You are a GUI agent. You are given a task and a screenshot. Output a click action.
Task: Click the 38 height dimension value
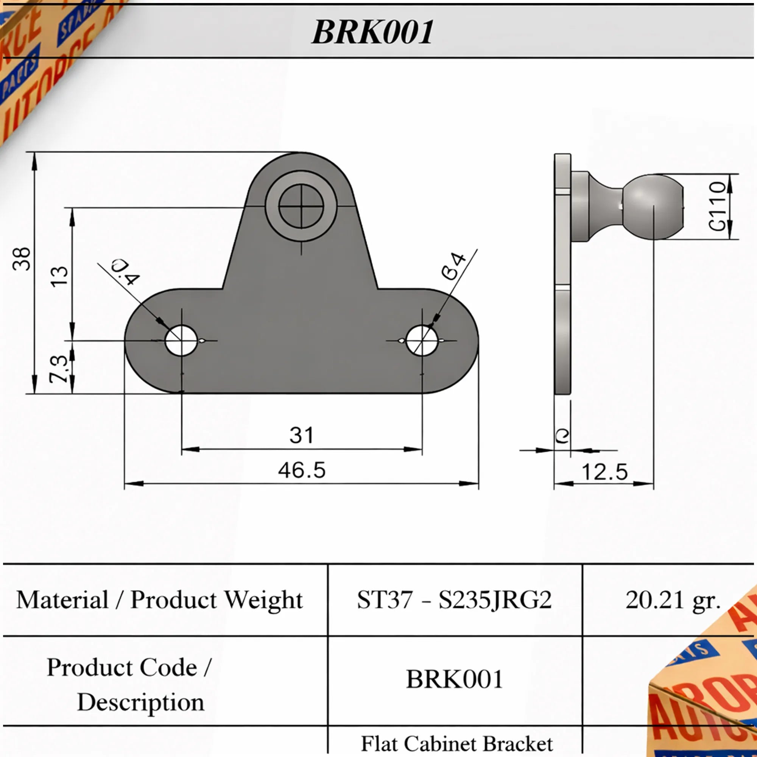point(22,259)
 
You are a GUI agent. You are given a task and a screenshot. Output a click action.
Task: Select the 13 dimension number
point(59,277)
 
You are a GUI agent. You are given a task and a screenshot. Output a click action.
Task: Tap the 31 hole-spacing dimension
point(301,435)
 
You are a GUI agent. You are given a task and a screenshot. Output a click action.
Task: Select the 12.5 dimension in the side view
point(604,472)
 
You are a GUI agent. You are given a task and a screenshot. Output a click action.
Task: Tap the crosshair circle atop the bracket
point(301,207)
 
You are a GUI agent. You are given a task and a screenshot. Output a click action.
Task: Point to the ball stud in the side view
point(653,207)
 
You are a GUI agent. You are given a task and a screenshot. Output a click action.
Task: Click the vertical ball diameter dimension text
point(718,207)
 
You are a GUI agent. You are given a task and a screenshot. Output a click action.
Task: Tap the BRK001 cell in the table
point(454,679)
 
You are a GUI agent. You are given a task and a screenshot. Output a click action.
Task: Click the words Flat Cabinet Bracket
point(457,744)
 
